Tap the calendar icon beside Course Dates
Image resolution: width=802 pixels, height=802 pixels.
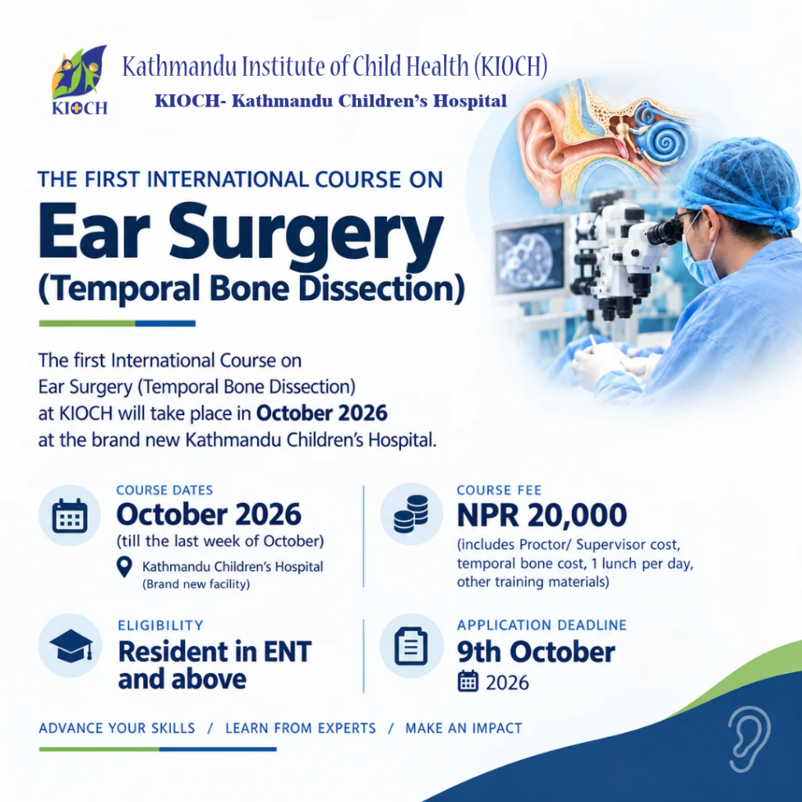70,515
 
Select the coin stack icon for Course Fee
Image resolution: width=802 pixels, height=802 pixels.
411,514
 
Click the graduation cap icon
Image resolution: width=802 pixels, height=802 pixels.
71,646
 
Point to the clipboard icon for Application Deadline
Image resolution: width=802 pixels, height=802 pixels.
411,645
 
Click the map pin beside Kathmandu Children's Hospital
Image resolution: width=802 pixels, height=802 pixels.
125,567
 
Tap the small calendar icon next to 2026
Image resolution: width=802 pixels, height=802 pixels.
468,681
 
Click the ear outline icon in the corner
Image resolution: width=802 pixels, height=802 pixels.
749,739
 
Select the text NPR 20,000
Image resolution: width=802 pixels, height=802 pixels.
542,515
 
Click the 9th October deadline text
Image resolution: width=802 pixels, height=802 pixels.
536,652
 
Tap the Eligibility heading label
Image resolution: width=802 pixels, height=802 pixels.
161,626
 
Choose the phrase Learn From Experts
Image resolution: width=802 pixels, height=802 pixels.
301,728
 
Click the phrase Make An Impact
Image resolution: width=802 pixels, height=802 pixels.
464,728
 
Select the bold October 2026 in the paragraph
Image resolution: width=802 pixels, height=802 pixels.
322,414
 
